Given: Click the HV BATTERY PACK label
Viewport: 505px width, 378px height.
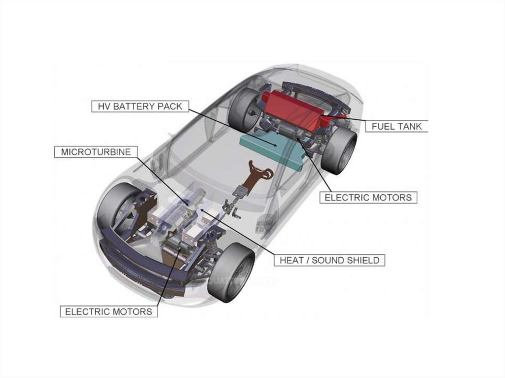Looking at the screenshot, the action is point(140,106).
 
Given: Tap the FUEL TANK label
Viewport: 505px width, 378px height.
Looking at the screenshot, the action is point(397,126).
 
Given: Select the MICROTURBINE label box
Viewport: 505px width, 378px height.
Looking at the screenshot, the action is point(96,152).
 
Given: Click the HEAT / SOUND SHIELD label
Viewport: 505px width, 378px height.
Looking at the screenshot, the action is point(329,260).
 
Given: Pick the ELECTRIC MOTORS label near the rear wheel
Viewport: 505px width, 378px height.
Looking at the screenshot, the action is point(368,197).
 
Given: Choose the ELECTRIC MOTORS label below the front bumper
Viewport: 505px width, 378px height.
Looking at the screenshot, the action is point(108,311).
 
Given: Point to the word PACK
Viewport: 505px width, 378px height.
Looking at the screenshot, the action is point(170,106).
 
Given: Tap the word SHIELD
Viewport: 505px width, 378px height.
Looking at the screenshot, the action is point(362,260).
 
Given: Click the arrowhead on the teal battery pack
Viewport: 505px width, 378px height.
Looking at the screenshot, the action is point(275,145).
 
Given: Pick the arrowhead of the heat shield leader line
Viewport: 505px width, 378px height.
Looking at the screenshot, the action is point(202,210).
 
